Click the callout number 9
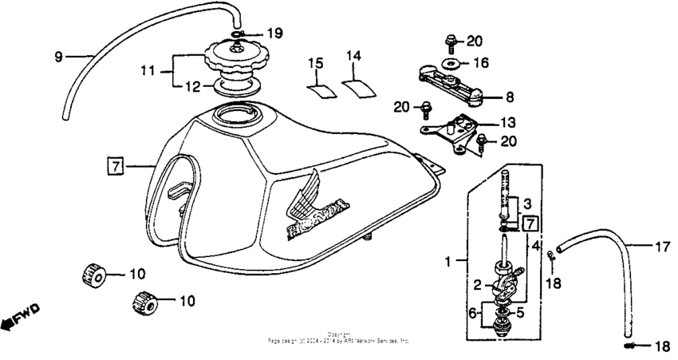click(58, 57)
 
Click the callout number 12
click(183, 86)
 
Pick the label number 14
click(354, 55)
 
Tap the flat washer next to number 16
click(451, 62)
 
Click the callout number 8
click(509, 97)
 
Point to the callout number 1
click(448, 261)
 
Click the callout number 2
click(476, 284)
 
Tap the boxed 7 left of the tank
click(116, 166)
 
